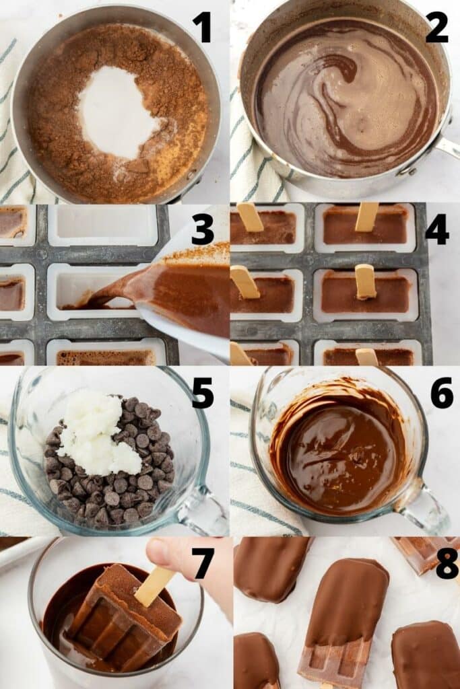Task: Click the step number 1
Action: coord(202,28)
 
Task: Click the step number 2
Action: coord(436,28)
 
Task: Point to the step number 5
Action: coord(202,393)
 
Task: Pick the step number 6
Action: coord(441,393)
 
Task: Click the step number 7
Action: coord(202,564)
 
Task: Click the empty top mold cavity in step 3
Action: coord(102,224)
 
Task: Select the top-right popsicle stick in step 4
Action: coord(367,216)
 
